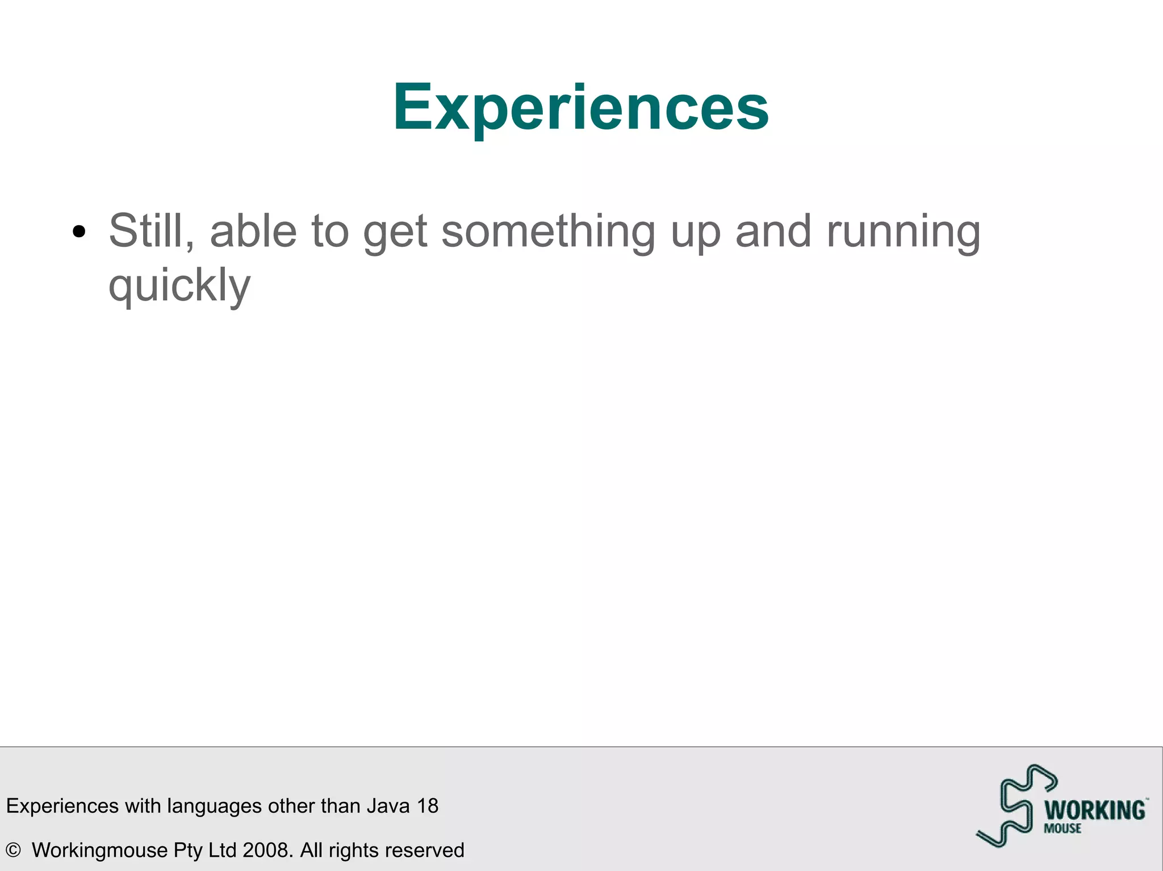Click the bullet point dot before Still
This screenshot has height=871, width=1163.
(x=79, y=232)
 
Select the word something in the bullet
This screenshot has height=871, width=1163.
(x=548, y=232)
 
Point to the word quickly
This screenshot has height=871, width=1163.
(x=179, y=285)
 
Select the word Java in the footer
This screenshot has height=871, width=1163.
(x=388, y=806)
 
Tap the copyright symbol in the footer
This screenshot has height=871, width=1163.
(x=13, y=850)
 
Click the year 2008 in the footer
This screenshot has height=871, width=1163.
(x=267, y=850)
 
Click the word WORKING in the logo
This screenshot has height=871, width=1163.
(x=1095, y=810)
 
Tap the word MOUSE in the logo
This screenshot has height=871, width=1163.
(x=1062, y=828)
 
